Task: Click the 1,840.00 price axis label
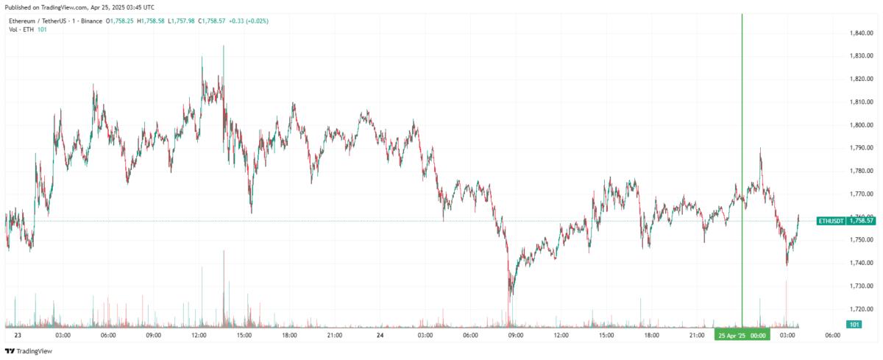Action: [862, 33]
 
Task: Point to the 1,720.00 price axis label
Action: [862, 309]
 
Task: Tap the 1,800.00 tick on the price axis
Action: [862, 125]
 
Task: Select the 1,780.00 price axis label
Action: [862, 171]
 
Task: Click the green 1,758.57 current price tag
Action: [861, 220]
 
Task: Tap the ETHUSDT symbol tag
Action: [831, 220]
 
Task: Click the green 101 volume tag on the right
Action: [854, 325]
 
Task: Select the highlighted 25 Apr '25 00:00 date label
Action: [742, 336]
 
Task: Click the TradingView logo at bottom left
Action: [29, 351]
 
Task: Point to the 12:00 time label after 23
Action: [199, 336]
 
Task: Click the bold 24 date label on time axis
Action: [380, 336]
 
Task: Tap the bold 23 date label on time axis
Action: [18, 336]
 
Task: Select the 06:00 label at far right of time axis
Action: [833, 336]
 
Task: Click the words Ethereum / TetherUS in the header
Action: [36, 21]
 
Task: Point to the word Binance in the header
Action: [91, 21]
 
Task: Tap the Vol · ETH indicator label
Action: [22, 29]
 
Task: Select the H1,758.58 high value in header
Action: [154, 21]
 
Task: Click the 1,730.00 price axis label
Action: [862, 286]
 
